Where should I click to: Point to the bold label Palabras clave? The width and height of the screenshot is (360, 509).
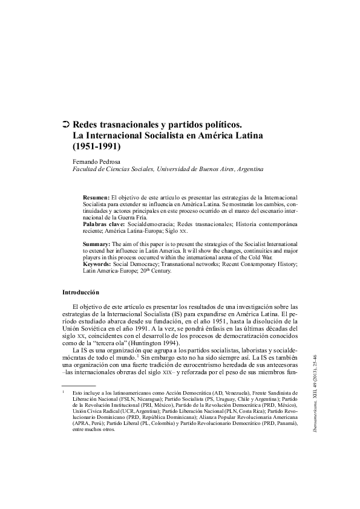coord(104,224)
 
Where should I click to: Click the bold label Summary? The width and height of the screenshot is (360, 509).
coord(97,244)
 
